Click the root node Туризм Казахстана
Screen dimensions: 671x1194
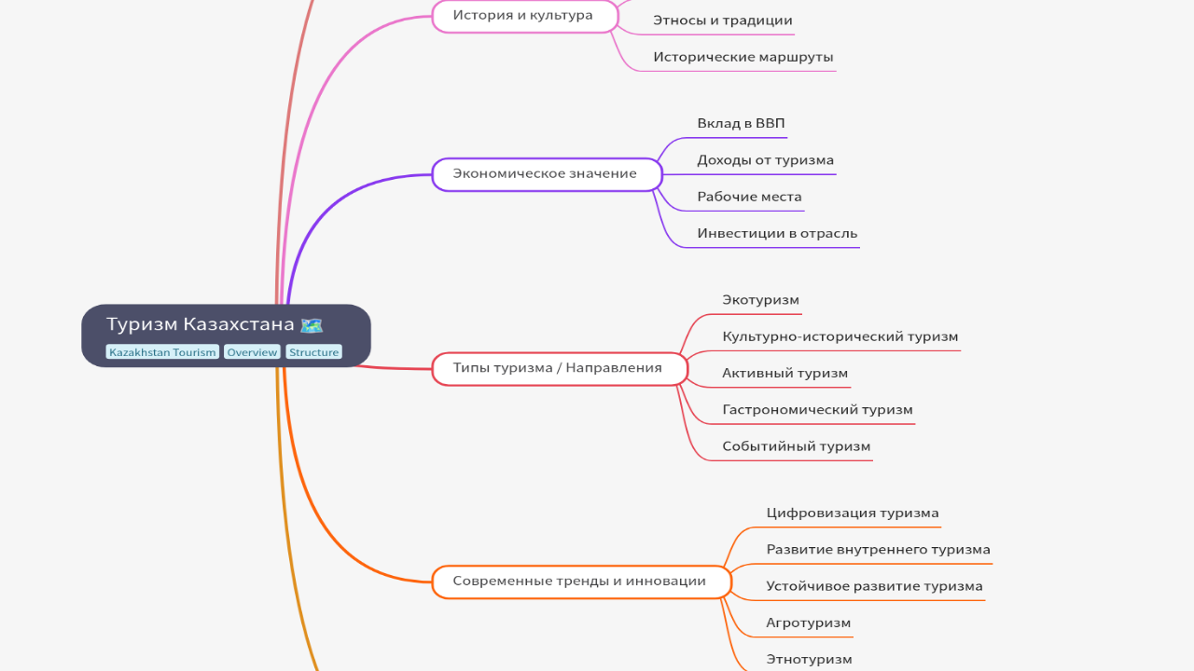[x=201, y=325]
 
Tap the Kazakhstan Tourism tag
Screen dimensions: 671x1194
[x=162, y=352]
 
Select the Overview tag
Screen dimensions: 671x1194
[x=252, y=352]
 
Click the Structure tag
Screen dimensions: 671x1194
[x=313, y=352]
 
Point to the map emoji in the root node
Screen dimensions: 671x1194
[x=312, y=325]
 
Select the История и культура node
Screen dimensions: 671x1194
[x=523, y=16]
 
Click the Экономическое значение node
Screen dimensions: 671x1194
[x=546, y=174]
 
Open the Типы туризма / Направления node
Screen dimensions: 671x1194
[x=558, y=368]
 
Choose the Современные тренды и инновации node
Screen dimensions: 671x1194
[x=579, y=582]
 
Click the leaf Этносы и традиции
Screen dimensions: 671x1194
[x=723, y=21]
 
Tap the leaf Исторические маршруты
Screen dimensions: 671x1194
[x=743, y=57]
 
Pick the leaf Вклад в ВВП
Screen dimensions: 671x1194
[x=742, y=124]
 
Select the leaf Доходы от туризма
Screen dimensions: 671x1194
[x=766, y=160]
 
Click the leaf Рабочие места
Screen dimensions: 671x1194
[x=750, y=198]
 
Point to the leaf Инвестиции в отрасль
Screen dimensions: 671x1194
[x=777, y=234]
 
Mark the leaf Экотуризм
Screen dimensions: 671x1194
[x=761, y=300]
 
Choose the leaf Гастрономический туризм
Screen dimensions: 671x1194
[x=817, y=410]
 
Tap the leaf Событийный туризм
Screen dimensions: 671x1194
[x=797, y=446]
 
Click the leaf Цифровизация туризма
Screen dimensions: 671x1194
[x=853, y=514]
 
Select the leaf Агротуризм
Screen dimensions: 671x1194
[x=809, y=623]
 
